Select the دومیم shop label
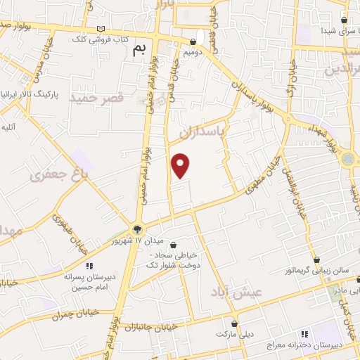click(193, 52)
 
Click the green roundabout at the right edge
click(349, 160)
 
